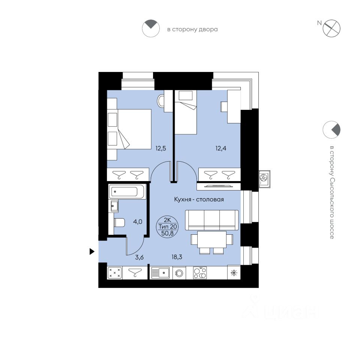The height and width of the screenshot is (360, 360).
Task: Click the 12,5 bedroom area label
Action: [161, 148]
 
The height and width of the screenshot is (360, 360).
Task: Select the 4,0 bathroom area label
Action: [137, 221]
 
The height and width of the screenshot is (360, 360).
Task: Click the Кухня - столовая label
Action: [199, 199]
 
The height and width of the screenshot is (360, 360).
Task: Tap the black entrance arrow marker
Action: [91, 252]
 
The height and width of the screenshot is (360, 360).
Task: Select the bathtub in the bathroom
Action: [127, 192]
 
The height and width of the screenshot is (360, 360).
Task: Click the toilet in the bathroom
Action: [119, 223]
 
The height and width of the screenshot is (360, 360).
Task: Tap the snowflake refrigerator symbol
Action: [233, 273]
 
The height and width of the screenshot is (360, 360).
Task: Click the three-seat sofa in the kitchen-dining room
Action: [212, 220]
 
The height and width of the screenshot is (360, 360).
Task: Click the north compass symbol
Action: [331, 28]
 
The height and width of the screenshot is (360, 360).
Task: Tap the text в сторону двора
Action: [192, 29]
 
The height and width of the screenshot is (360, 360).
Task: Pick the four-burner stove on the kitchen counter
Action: [200, 273]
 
